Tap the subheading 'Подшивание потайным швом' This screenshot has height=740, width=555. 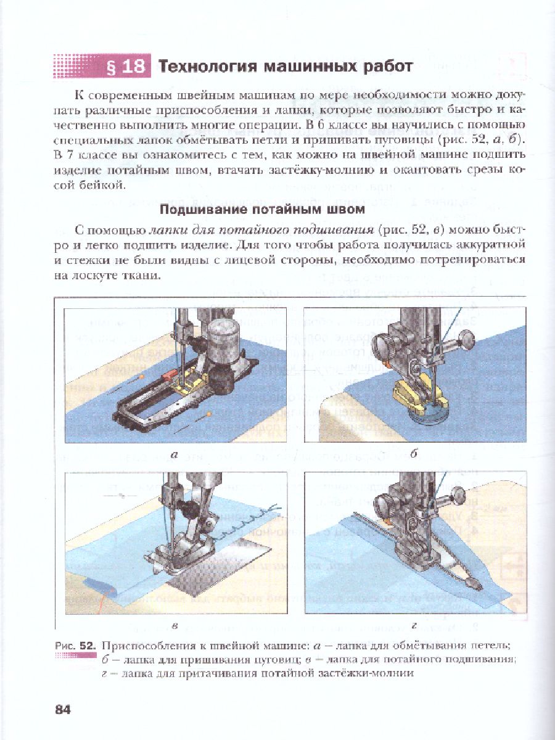[261, 209]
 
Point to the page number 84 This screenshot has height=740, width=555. [63, 710]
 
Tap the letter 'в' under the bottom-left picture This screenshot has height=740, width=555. [175, 627]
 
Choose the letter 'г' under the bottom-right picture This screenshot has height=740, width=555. [414, 627]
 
